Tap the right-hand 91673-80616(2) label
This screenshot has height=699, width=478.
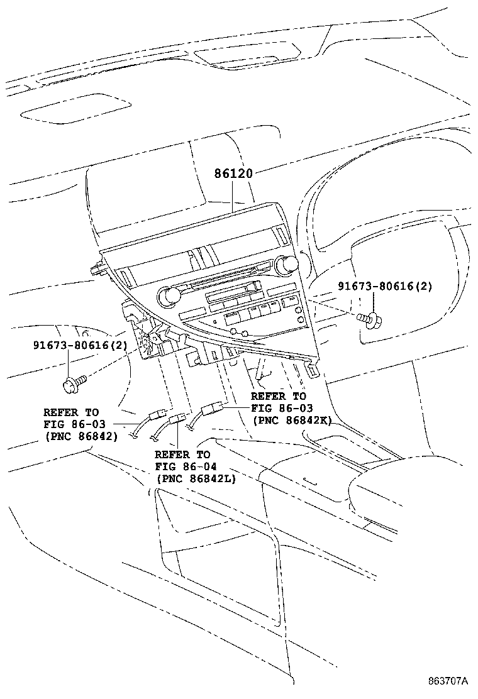[385, 286]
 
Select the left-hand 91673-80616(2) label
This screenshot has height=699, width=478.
[79, 346]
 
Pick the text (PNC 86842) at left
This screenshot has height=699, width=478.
[81, 435]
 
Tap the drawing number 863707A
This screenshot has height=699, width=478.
[448, 681]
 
